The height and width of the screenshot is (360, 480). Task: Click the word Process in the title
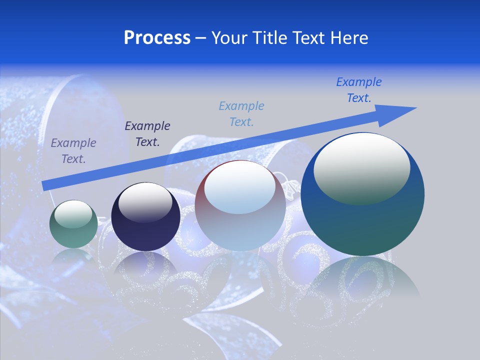[x=157, y=38]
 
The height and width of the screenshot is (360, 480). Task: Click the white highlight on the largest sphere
[x=361, y=168]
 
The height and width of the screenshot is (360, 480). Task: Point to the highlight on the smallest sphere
[x=73, y=214]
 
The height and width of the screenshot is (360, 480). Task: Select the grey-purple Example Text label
[x=73, y=150]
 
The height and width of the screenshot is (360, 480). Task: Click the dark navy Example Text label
[x=147, y=133]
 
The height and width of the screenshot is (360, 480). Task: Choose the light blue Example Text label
[x=241, y=113]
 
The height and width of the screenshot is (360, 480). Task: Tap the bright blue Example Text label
[x=359, y=89]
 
